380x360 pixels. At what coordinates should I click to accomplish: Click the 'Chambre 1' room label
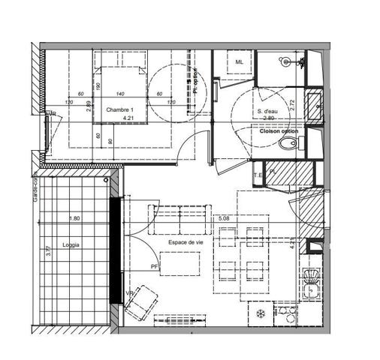point(119,109)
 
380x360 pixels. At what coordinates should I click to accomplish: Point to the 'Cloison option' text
point(279,131)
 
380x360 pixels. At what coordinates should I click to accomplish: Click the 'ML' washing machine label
point(240,62)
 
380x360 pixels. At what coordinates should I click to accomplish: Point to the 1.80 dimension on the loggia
point(74,219)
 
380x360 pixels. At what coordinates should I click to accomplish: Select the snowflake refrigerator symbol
point(261,311)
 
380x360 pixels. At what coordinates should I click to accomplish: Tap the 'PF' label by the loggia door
point(154,266)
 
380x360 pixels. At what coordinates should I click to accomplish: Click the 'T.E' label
point(258,175)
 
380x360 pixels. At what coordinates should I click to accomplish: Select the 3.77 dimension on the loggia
point(47,251)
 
